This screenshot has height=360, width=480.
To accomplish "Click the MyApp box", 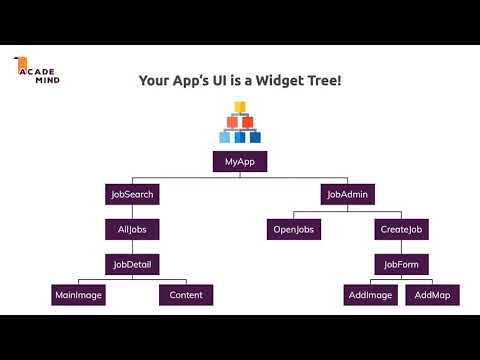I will click(240, 161).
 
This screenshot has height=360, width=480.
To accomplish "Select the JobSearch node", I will click(132, 194).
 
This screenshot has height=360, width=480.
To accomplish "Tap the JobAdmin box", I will click(347, 194).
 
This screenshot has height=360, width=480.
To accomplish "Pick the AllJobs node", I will click(132, 229).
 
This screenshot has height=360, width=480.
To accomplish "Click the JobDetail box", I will click(132, 264).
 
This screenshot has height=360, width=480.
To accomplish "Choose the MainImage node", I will click(78, 295).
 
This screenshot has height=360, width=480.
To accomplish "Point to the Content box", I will click(186, 295).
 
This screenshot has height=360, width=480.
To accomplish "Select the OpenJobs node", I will click(293, 229).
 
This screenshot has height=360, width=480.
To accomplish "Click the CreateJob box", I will click(402, 229).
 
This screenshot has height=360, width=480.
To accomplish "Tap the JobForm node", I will click(402, 264).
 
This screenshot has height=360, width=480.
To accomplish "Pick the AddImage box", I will click(369, 295).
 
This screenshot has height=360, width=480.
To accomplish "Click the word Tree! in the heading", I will click(323, 80).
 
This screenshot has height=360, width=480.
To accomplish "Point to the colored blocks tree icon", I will click(240, 128).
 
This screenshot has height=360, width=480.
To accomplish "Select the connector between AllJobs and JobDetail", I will click(132, 247).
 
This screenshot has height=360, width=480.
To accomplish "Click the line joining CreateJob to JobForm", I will click(402, 247).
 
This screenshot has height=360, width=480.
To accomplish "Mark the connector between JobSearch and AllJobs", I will click(132, 212).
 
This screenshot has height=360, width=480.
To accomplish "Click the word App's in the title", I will click(194, 80).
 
